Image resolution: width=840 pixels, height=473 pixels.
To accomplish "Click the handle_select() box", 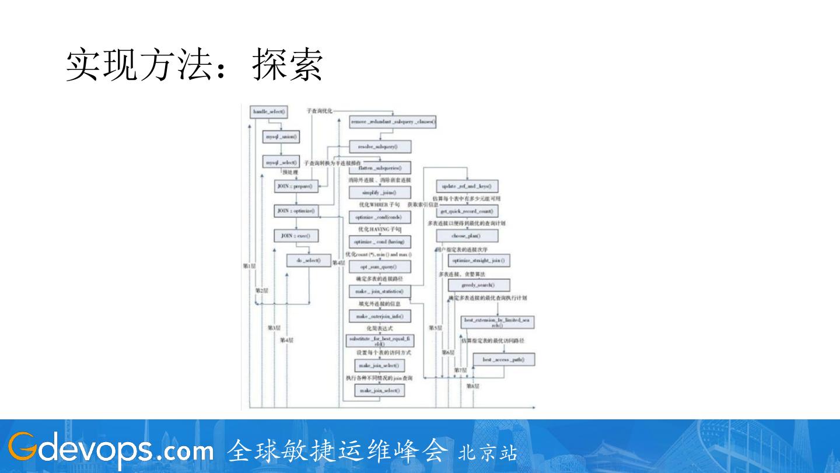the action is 268,111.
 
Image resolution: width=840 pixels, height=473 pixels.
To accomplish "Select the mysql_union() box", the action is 282,137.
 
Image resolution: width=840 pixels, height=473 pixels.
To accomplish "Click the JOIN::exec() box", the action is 296,236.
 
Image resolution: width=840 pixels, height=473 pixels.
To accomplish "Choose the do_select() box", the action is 308,261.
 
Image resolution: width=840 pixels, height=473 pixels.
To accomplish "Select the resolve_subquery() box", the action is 380,146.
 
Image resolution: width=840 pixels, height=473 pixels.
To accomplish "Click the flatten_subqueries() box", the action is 380,168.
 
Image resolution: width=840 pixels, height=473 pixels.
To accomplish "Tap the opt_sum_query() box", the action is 380,267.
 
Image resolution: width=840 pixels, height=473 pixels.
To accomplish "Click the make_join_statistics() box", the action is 380,291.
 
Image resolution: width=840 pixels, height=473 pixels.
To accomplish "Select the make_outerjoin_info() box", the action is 380,316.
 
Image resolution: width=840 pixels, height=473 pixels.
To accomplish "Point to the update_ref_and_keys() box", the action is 467,187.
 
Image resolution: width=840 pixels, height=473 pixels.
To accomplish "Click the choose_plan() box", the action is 467,236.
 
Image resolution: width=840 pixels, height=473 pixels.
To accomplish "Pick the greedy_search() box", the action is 478,285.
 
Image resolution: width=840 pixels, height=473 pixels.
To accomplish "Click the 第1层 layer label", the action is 249,265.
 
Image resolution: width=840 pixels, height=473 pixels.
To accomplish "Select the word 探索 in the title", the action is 288,65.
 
